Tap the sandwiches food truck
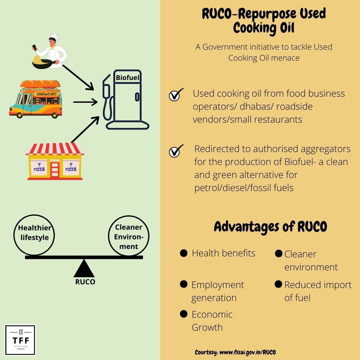pyautogui.click(x=36, y=99)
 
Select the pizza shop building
pyautogui.click(x=55, y=162)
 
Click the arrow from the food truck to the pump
pyautogui.click(x=85, y=101)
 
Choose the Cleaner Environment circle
pyautogui.click(x=129, y=236)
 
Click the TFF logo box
pyautogui.click(x=20, y=340)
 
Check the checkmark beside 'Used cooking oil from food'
pyautogui.click(x=176, y=95)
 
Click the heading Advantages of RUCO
pyautogui.click(x=270, y=227)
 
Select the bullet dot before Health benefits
pyautogui.click(x=183, y=253)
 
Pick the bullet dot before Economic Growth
pyautogui.click(x=183, y=314)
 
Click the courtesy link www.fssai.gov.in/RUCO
pyautogui.click(x=247, y=352)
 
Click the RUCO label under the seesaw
pyautogui.click(x=85, y=282)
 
